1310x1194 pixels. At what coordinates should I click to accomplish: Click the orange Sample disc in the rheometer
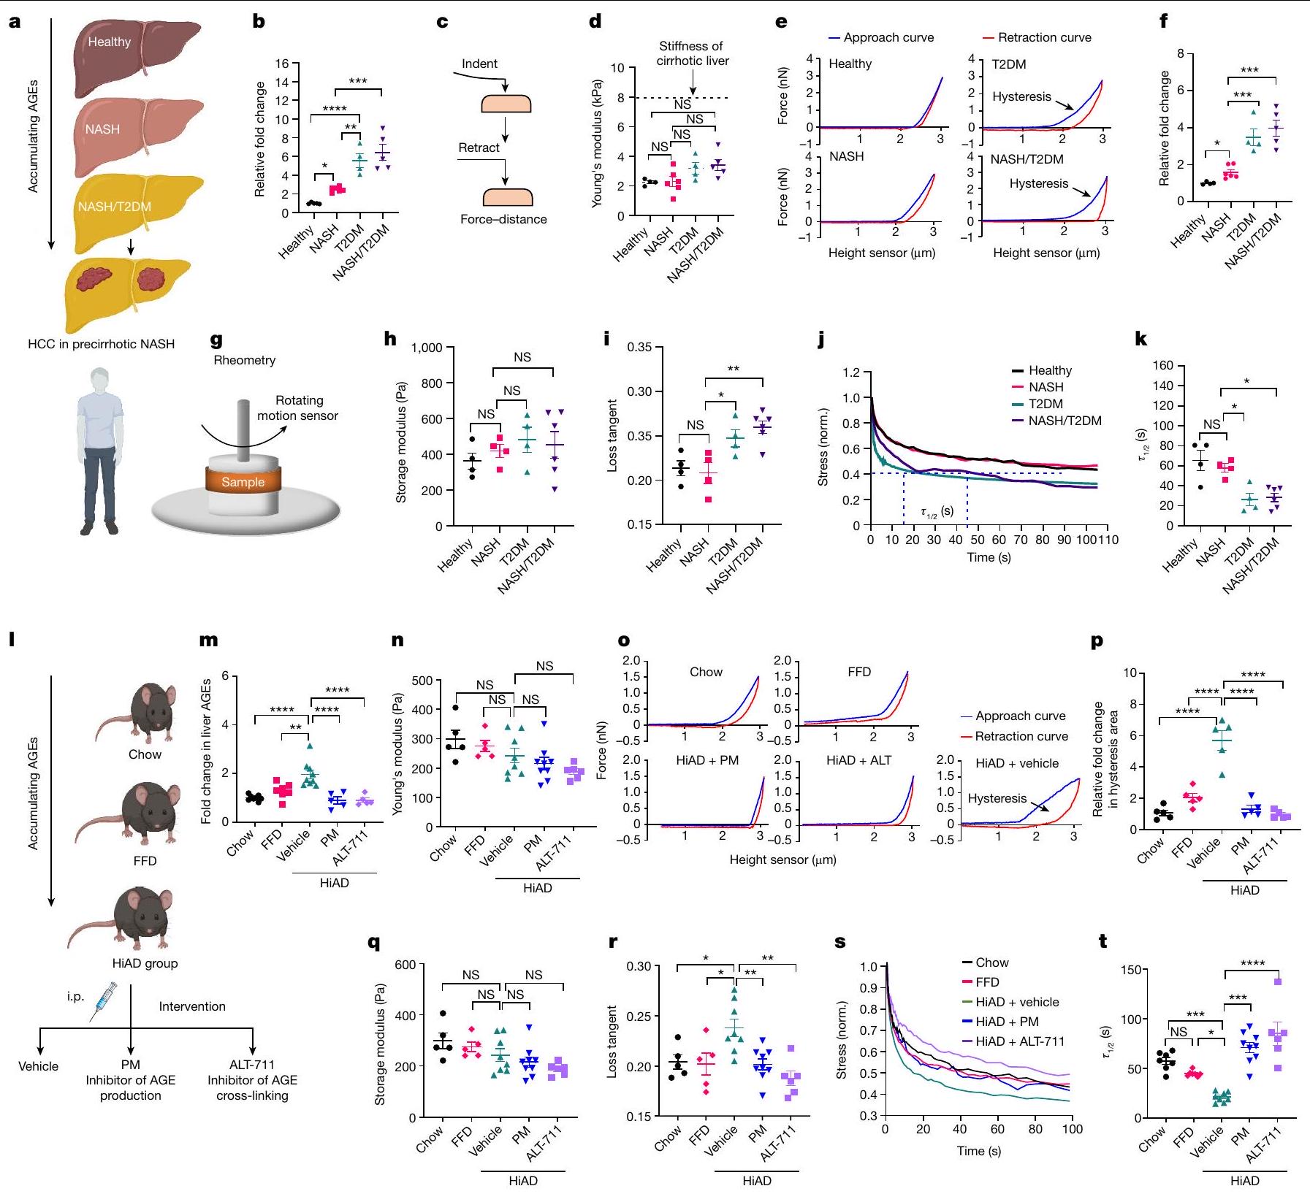[243, 482]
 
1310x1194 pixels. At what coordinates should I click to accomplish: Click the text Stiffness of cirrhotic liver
[692, 53]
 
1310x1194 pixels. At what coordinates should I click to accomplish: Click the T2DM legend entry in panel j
[1045, 404]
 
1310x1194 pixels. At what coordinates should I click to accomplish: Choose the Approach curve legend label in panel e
[888, 37]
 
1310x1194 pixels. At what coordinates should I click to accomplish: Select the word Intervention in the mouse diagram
[192, 1006]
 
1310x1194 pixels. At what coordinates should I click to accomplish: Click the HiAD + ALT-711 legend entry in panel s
[1019, 1041]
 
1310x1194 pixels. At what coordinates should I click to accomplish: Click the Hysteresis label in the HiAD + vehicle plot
[997, 798]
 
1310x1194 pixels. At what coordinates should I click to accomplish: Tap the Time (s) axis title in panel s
[978, 1151]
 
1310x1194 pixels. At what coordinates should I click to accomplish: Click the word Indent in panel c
[479, 64]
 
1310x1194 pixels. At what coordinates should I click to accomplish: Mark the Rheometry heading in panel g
[244, 360]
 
